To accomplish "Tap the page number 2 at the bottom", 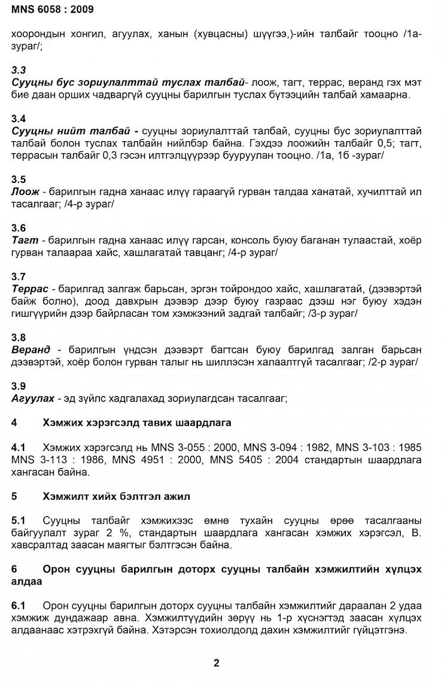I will (216, 663).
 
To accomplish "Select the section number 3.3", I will (19, 70).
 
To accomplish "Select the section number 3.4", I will (19, 119).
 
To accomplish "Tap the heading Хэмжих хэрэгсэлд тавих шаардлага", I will (137, 422).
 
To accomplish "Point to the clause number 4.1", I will (19, 447).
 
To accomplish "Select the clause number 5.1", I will (19, 521).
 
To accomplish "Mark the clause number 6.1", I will (19, 605).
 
